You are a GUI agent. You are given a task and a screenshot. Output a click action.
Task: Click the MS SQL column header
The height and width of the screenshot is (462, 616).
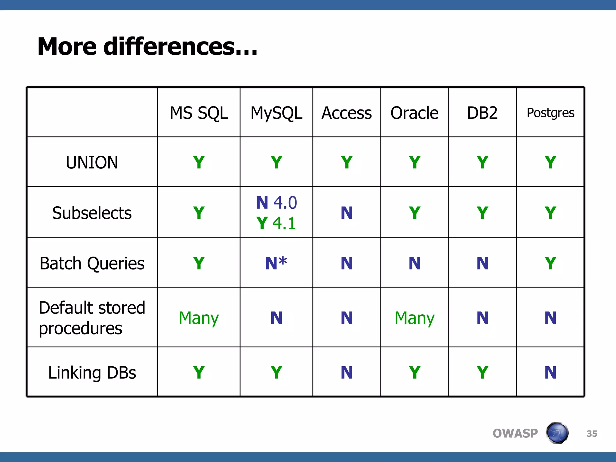(x=199, y=113)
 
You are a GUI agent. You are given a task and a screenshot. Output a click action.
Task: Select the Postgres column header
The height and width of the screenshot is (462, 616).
(x=550, y=113)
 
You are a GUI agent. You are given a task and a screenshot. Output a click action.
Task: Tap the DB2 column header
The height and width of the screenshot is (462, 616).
(x=482, y=113)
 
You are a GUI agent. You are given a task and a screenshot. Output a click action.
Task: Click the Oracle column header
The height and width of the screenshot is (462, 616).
(x=414, y=113)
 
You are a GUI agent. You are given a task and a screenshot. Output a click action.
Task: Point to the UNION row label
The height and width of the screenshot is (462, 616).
(x=92, y=162)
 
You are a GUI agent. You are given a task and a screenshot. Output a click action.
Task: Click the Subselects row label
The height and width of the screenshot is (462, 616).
(x=92, y=213)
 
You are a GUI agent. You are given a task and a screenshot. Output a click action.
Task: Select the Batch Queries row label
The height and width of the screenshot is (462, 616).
(x=92, y=263)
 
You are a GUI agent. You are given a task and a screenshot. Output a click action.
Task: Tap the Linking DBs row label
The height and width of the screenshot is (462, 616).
(x=92, y=373)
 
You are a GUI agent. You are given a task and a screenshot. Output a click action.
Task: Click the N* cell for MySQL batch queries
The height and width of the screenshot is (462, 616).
(x=276, y=263)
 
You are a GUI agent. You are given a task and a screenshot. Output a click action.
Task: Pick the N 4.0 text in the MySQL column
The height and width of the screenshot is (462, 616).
(x=276, y=203)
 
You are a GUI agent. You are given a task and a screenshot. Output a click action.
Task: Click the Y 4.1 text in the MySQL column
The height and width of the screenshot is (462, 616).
(x=276, y=223)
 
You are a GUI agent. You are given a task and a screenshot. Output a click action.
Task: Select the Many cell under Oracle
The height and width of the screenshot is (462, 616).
(x=414, y=318)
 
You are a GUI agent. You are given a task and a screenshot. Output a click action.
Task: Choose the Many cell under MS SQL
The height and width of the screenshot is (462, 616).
(x=199, y=318)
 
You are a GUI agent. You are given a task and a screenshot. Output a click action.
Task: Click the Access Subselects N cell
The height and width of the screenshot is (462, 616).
(x=346, y=213)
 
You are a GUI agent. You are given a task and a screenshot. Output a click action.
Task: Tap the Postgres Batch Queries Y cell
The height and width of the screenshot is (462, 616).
(x=550, y=263)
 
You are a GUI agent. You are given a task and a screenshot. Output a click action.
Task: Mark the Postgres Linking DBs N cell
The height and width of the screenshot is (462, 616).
(x=550, y=373)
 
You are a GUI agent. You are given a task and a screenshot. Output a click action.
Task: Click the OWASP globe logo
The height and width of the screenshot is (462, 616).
(x=557, y=433)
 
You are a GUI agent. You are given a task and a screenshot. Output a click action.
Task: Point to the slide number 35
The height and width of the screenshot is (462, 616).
(x=592, y=434)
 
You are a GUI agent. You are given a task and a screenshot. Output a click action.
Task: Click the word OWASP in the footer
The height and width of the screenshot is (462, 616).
(x=515, y=433)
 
